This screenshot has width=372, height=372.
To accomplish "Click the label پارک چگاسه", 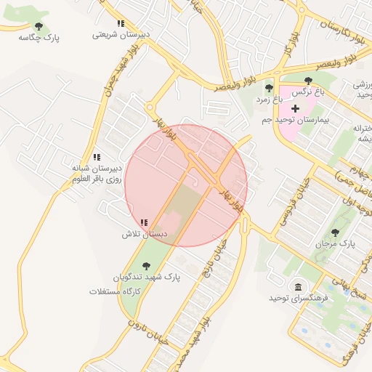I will click(x=39, y=37).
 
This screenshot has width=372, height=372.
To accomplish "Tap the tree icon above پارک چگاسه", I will click(x=39, y=26).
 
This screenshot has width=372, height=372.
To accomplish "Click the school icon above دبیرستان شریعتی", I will click(x=120, y=24).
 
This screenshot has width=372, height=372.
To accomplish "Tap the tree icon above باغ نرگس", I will click(x=308, y=81).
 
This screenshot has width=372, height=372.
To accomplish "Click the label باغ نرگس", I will click(x=308, y=93).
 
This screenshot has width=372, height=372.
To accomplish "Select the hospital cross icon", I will click(x=295, y=108).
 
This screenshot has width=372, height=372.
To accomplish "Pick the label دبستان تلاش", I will click(x=145, y=235).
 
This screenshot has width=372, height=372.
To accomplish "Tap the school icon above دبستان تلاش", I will click(x=145, y=223).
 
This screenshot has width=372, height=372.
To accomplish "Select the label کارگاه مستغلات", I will click(x=114, y=291).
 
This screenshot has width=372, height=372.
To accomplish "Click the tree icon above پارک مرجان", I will click(x=335, y=233).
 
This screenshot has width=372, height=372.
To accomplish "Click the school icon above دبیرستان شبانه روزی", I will click(x=97, y=157).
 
